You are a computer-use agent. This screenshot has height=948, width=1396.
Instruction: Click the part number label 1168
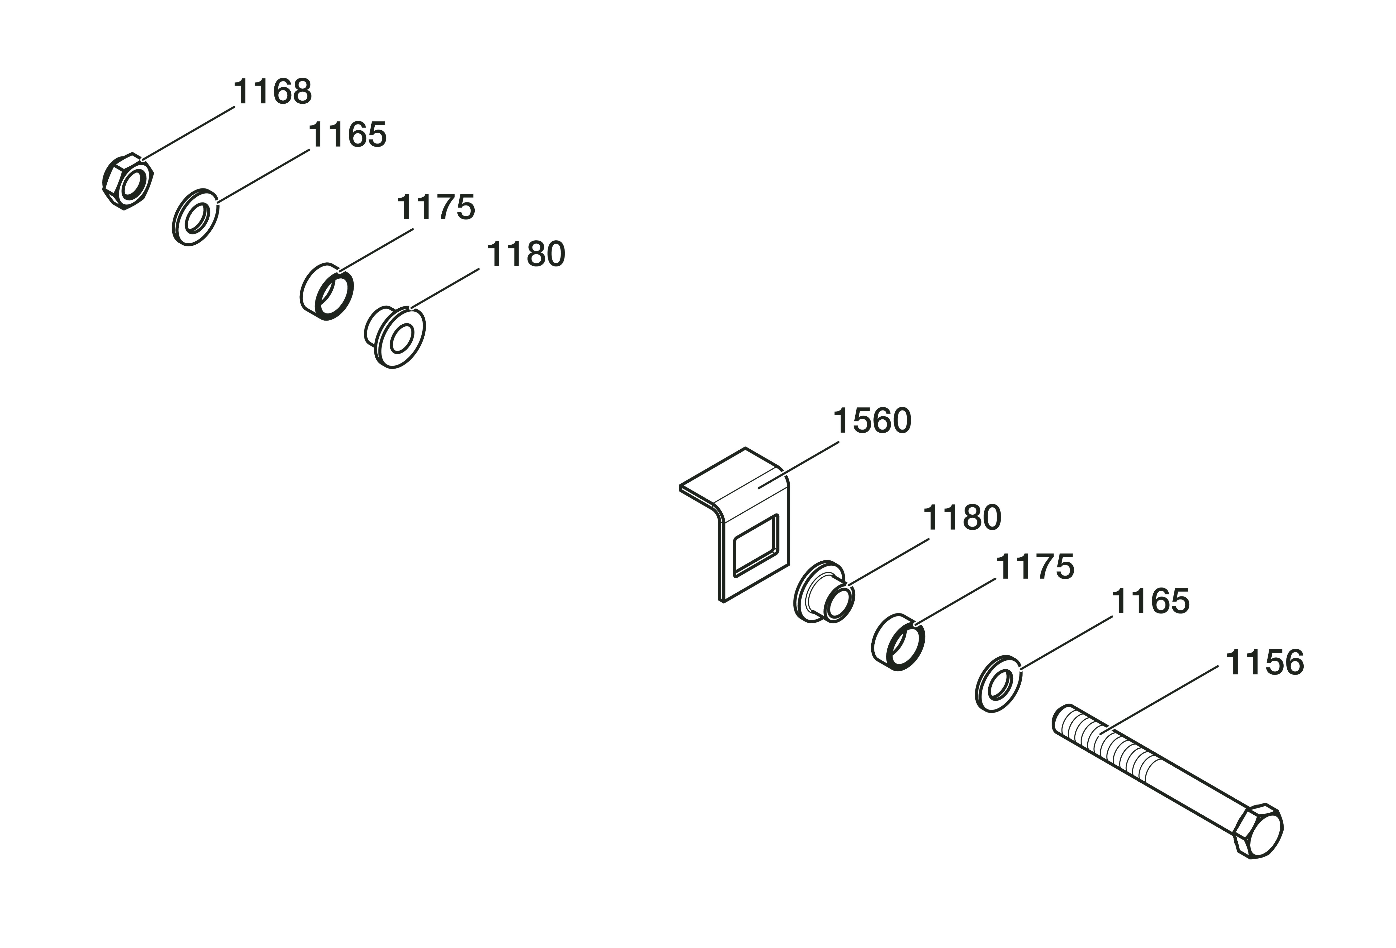point(272,92)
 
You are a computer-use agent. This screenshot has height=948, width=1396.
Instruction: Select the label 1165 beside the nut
point(347,135)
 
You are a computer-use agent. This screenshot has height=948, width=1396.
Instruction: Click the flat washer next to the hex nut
point(195,217)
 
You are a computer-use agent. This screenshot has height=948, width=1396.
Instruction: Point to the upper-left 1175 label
point(436,207)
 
